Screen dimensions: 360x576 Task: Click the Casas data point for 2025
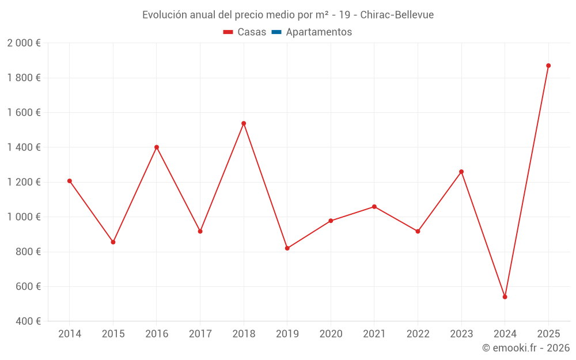(548, 66)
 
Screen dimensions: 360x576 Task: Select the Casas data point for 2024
(505, 297)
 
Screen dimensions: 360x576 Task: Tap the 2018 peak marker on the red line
(244, 123)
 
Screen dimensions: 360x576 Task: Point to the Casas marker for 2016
(157, 147)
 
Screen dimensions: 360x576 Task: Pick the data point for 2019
(287, 248)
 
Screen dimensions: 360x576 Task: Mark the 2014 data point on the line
(70, 181)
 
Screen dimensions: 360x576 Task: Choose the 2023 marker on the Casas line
(461, 172)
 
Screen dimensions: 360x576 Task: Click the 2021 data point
(374, 207)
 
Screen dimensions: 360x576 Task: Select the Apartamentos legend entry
(319, 32)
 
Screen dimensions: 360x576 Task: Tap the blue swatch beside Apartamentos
(276, 32)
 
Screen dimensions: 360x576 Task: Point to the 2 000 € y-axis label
(24, 43)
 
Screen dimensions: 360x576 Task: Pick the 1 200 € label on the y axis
(24, 182)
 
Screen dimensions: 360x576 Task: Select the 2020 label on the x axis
(331, 334)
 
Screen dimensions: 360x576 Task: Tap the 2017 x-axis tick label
(200, 334)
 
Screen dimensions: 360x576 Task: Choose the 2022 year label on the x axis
(418, 334)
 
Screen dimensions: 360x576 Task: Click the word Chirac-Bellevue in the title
(397, 15)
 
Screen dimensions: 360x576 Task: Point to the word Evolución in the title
(165, 15)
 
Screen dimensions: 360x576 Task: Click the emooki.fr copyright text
(526, 348)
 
